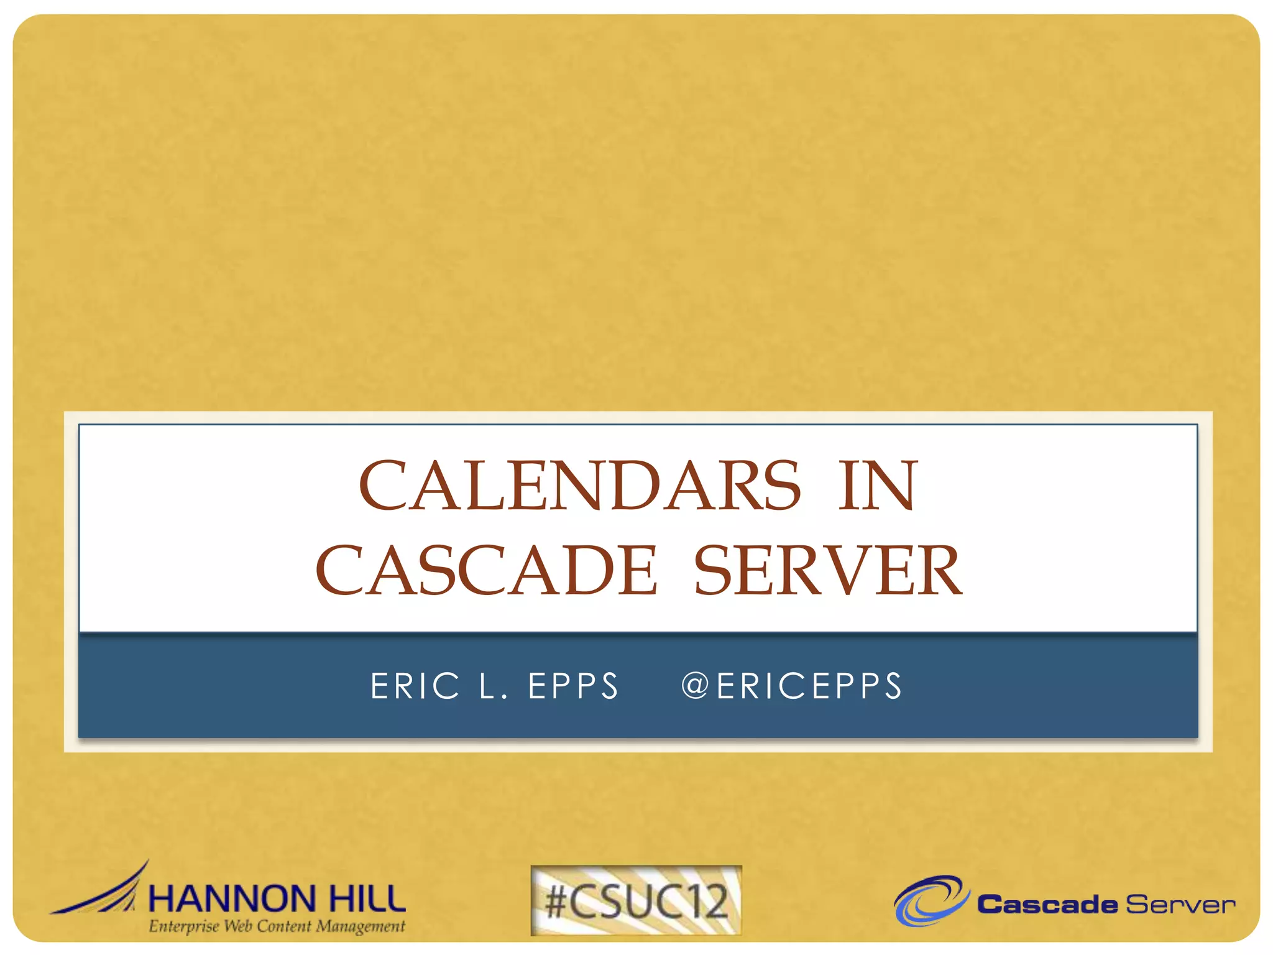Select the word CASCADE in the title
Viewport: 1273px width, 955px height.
coord(486,570)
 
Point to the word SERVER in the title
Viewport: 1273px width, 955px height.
coord(827,570)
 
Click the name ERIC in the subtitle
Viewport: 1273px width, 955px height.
coord(415,686)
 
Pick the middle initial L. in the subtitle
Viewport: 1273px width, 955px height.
coord(494,686)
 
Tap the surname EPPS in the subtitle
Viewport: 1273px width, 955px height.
coord(573,686)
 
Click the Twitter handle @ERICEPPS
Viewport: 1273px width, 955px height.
coord(792,686)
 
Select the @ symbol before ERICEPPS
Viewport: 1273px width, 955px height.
coord(695,686)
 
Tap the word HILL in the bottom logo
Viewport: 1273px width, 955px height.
coord(367,900)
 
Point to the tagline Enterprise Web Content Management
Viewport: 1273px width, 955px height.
coord(277,926)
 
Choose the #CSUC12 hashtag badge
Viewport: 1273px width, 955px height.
coord(636,900)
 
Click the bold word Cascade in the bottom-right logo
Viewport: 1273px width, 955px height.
coord(1047,905)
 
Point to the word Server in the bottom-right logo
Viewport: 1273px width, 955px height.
coord(1180,905)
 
